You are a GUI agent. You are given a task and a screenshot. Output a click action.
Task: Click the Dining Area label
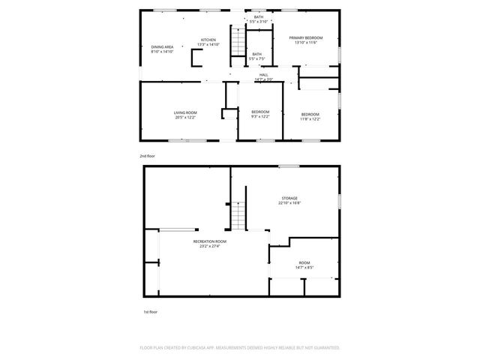162,47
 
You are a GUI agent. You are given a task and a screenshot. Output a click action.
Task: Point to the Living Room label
185,112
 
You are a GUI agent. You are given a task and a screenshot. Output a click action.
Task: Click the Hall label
263,75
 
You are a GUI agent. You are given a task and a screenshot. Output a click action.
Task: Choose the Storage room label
289,198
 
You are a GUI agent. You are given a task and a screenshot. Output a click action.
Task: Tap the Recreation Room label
209,241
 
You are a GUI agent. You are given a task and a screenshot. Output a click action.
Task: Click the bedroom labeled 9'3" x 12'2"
259,112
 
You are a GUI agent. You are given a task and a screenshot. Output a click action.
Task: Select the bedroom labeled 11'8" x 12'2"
310,115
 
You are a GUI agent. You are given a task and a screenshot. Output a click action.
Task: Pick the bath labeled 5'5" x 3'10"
258,17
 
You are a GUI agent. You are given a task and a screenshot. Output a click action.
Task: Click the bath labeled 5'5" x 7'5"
256,54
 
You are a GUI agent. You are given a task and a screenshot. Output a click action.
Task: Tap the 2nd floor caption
147,156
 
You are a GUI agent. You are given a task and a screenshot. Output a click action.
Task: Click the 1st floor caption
150,311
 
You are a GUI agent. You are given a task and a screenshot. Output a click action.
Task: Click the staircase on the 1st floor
238,217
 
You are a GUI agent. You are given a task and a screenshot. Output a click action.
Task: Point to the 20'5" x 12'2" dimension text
185,117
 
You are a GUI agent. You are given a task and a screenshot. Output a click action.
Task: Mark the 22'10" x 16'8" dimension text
289,202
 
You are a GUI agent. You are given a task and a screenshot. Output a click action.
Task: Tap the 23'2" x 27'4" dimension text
209,246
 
